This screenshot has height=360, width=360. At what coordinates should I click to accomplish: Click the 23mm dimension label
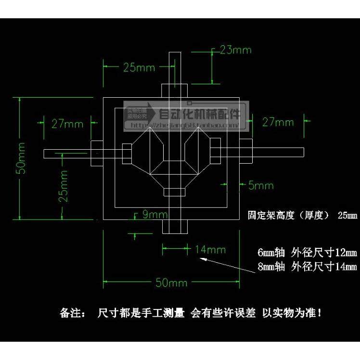click(x=235, y=50)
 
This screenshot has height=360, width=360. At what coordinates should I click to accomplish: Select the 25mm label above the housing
click(x=139, y=67)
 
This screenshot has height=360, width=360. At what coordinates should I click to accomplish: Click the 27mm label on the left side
click(x=67, y=124)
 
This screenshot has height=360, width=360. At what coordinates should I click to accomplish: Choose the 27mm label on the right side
click(x=278, y=122)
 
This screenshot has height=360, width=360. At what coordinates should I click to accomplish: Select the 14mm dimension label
click(x=210, y=249)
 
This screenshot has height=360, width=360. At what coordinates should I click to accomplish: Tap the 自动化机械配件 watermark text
click(x=199, y=114)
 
